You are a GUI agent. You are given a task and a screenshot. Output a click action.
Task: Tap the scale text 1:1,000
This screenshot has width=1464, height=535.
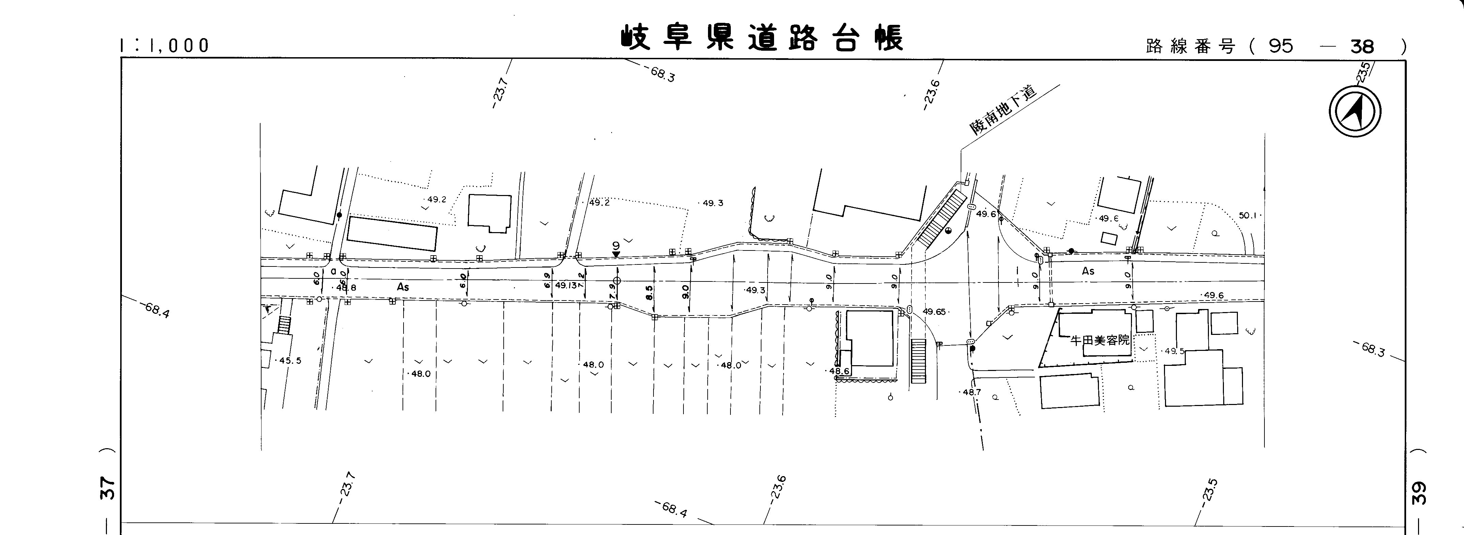tap(165, 46)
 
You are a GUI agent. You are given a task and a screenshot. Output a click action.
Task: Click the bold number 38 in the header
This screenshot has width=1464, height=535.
tap(1362, 46)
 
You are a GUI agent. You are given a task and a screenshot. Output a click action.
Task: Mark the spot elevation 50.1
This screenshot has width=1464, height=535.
tap(1249, 216)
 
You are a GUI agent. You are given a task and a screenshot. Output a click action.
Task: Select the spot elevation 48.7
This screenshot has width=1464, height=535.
tap(971, 392)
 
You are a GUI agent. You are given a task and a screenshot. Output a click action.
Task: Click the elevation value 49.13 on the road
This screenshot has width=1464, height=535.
tap(566, 285)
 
